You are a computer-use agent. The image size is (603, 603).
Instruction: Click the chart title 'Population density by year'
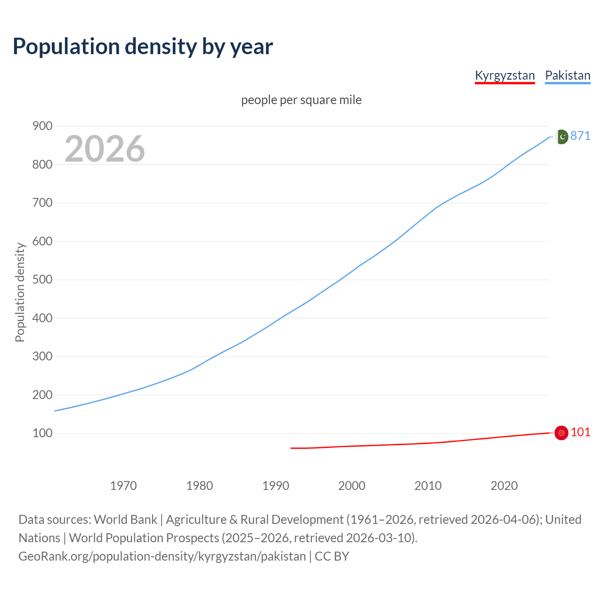pyautogui.click(x=143, y=47)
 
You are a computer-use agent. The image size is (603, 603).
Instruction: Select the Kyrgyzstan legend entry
pyautogui.click(x=505, y=75)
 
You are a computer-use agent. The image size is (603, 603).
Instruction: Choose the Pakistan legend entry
pyautogui.click(x=567, y=75)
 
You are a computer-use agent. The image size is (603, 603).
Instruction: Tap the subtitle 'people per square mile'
pyautogui.click(x=301, y=100)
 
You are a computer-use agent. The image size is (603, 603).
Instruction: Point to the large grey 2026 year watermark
pyautogui.click(x=105, y=149)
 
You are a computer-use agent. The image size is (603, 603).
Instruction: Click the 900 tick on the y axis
pyautogui.click(x=42, y=126)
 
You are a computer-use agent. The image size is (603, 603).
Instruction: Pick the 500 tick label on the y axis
pyautogui.click(x=42, y=279)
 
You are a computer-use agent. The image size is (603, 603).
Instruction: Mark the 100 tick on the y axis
pyautogui.click(x=42, y=433)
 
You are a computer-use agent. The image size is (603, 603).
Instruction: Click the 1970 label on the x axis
pyautogui.click(x=123, y=485)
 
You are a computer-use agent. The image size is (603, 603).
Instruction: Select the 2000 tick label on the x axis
pyautogui.click(x=351, y=485)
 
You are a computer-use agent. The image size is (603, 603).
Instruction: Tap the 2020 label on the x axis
pyautogui.click(x=504, y=485)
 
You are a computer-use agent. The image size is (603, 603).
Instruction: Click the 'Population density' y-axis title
pyautogui.click(x=20, y=292)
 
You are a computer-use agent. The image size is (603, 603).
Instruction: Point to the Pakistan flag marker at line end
pyautogui.click(x=561, y=137)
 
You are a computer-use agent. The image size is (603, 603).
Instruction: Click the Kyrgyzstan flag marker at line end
pyautogui.click(x=561, y=433)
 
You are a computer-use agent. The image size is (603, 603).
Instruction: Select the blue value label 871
pyautogui.click(x=580, y=136)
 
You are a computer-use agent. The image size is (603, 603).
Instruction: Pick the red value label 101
pyautogui.click(x=580, y=432)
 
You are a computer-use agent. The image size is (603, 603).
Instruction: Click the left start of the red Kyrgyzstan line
pyautogui.click(x=292, y=448)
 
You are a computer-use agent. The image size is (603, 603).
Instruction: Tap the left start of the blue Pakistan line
pyautogui.click(x=56, y=411)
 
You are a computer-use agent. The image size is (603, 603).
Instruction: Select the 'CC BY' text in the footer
pyautogui.click(x=332, y=556)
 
